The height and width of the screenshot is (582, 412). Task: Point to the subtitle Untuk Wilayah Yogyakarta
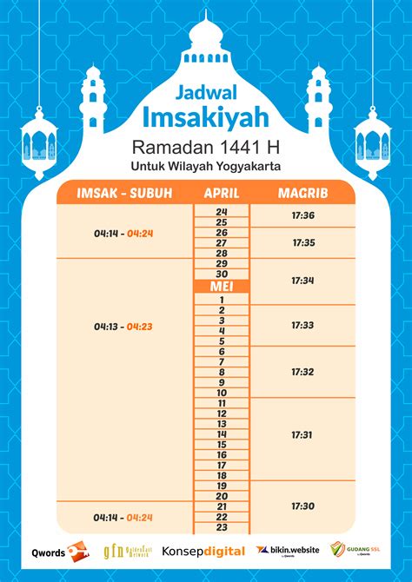tap(205, 165)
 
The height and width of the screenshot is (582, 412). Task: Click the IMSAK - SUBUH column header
tap(124, 192)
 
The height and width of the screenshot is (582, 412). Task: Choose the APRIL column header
tap(221, 192)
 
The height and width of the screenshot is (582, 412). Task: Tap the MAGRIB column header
tap(302, 192)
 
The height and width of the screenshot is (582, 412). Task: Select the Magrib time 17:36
tap(303, 215)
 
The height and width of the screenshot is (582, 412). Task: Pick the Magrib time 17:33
tap(303, 325)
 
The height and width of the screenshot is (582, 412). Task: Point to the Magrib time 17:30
tap(303, 506)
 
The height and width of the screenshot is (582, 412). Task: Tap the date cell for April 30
tap(222, 274)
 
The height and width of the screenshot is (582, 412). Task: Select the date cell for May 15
tap(222, 444)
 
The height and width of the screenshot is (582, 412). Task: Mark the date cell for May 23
tap(222, 527)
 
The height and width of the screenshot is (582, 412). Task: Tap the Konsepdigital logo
tap(203, 551)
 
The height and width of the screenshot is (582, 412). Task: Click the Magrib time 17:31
tap(303, 434)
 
